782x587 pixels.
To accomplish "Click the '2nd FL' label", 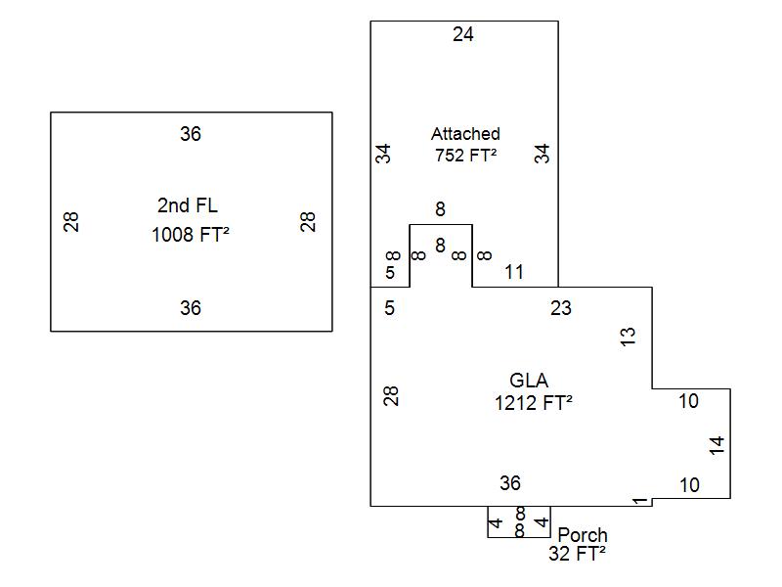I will [188, 205].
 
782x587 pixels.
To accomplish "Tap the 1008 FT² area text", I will [191, 235].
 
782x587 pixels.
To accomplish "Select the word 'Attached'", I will [465, 134].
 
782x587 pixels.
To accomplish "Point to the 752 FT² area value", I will [465, 154].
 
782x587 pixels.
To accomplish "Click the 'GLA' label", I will [529, 381].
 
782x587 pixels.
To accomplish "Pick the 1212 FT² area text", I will [534, 402].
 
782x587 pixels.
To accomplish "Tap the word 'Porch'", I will [582, 535].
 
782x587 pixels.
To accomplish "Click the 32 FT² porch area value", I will [577, 554].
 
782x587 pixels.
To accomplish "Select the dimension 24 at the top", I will [463, 35].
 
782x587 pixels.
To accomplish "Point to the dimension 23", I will [560, 308].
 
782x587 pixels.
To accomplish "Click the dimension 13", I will [629, 337].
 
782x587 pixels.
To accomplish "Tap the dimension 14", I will [717, 445].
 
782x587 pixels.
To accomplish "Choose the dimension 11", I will [514, 272].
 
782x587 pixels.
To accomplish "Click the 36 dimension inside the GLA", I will [510, 483].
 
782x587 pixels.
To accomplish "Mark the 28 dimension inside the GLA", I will [391, 396].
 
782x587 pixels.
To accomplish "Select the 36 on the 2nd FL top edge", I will [191, 134].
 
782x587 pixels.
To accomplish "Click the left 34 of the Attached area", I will [384, 154].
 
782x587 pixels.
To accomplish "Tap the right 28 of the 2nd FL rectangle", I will [309, 222].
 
